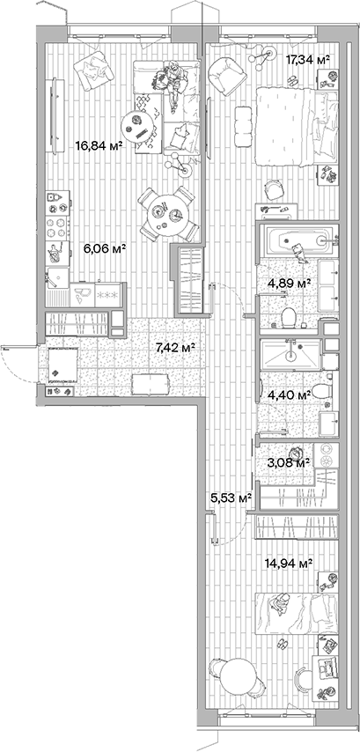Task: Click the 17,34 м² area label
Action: (308, 59)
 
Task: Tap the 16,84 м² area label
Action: (98, 146)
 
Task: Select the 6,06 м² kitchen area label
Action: (105, 249)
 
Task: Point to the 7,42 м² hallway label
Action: (174, 348)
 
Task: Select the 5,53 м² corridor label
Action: (231, 498)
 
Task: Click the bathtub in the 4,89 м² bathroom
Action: (297, 239)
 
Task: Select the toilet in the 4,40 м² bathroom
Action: (321, 389)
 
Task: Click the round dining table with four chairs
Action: (166, 210)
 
